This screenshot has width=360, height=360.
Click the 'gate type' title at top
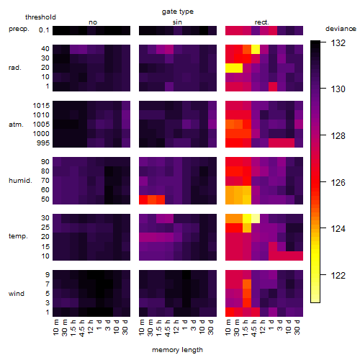click(178, 12)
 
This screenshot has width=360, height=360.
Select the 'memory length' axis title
click(177, 350)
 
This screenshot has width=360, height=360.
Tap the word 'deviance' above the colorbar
click(341, 29)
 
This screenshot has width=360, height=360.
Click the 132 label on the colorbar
click(338, 43)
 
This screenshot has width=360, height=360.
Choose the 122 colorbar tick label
click(338, 275)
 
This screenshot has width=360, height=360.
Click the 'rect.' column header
click(262, 22)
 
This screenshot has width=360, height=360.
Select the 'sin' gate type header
click(177, 22)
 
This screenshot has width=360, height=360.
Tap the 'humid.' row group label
click(20, 181)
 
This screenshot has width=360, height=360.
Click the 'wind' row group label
click(17, 294)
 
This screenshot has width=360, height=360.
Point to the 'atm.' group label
click(16, 125)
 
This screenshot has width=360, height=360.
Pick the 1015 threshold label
click(41, 106)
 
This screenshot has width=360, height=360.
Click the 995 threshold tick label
click(43, 143)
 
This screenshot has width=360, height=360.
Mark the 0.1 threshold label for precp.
click(44, 30)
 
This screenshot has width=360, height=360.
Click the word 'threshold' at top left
click(40, 17)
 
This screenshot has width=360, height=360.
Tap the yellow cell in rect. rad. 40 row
click(256, 49)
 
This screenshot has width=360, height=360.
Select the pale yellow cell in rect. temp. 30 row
click(256, 218)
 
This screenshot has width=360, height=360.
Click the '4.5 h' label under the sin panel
click(168, 328)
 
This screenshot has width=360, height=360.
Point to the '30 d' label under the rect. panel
click(297, 327)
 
